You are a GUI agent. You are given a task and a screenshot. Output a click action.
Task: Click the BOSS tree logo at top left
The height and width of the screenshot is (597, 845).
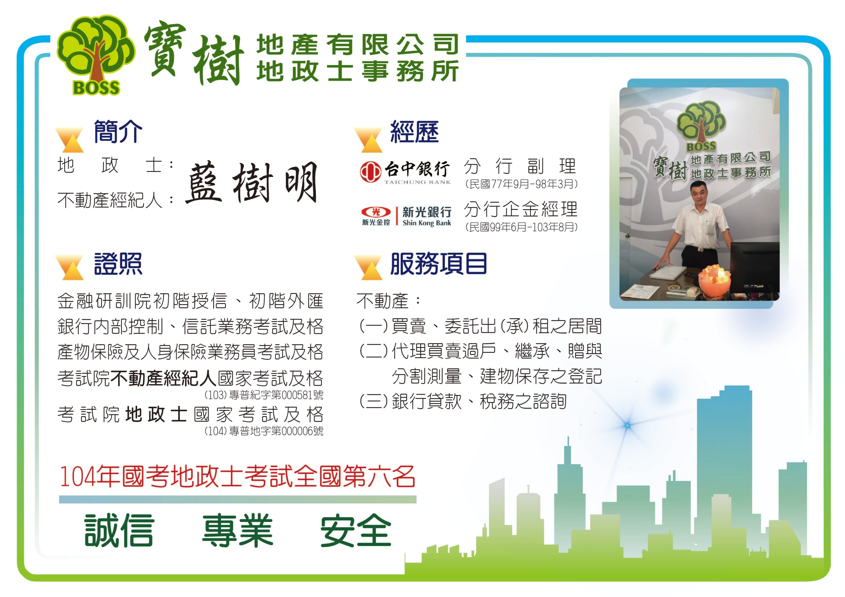click(x=96, y=55)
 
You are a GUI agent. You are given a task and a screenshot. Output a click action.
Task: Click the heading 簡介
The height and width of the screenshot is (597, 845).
click(x=118, y=131)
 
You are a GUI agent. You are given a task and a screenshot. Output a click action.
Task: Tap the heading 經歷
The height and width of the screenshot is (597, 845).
click(x=415, y=131)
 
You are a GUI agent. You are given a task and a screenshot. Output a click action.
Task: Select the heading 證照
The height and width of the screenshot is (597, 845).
click(x=118, y=263)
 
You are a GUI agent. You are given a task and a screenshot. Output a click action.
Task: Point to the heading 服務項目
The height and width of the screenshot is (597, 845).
click(x=439, y=263)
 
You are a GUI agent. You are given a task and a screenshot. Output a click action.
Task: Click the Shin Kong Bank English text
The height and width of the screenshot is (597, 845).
click(x=427, y=223)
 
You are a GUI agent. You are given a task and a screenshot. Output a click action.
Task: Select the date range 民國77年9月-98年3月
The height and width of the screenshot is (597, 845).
click(x=521, y=184)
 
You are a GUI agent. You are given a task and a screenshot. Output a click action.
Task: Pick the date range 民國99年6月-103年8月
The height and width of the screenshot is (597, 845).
click(x=521, y=227)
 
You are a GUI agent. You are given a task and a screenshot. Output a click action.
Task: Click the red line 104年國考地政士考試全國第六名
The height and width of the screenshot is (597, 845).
click(x=237, y=476)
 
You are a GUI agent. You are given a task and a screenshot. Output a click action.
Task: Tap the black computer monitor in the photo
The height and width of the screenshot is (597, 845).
click(x=754, y=267)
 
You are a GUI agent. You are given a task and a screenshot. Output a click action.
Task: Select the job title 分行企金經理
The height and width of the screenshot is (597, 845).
click(x=520, y=209)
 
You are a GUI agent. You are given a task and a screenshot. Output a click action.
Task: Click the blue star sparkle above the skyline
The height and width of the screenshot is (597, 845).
click(x=627, y=426)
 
